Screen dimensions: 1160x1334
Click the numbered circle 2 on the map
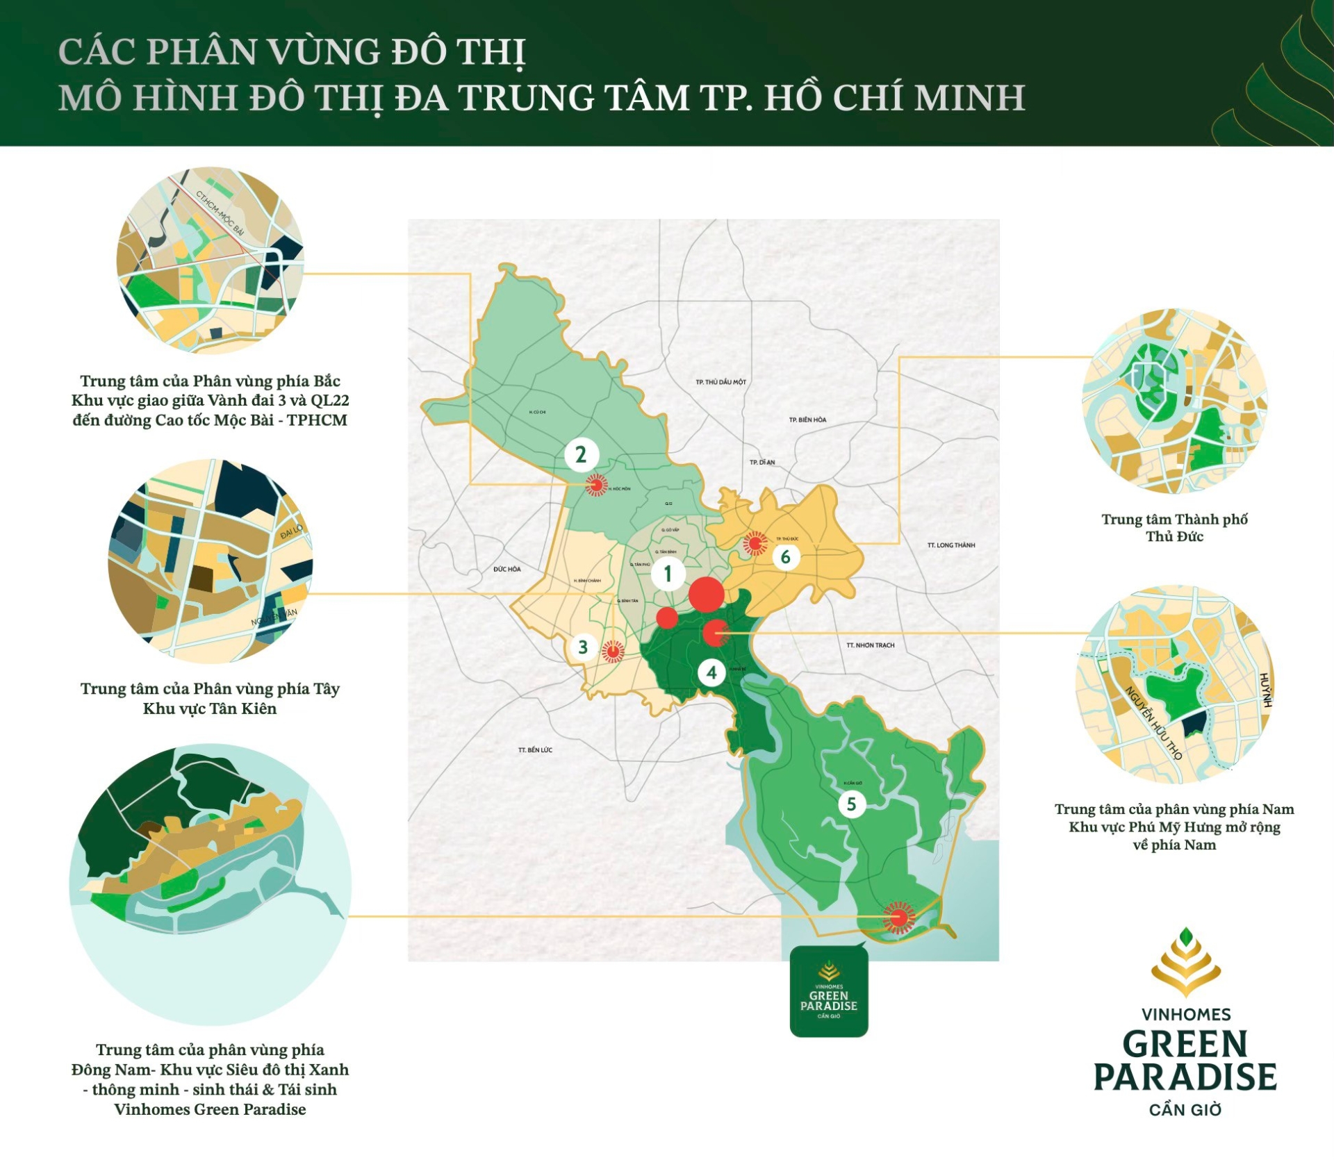tap(581, 454)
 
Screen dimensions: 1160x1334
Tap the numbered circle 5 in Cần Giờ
tap(851, 804)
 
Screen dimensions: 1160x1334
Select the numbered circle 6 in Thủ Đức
tap(786, 556)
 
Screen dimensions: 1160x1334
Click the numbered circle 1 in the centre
tap(668, 574)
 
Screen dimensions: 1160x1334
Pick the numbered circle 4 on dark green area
tap(711, 672)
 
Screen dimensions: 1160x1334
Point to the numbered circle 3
tap(583, 647)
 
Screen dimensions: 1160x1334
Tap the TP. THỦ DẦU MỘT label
tap(720, 382)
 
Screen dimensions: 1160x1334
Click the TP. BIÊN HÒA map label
tap(807, 420)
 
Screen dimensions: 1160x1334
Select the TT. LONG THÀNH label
tap(950, 545)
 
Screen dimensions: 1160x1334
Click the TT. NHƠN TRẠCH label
tap(870, 645)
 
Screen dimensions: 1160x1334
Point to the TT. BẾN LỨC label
tap(535, 750)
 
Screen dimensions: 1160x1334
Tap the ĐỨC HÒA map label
tap(507, 569)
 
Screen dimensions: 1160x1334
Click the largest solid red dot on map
tap(707, 595)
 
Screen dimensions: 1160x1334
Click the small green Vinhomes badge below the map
tap(829, 992)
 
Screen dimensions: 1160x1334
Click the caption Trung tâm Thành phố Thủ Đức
tap(1174, 528)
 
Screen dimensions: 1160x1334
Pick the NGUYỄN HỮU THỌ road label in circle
tap(1154, 722)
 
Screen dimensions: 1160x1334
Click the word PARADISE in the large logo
tap(1185, 1077)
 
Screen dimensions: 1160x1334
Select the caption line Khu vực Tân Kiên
tap(210, 709)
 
